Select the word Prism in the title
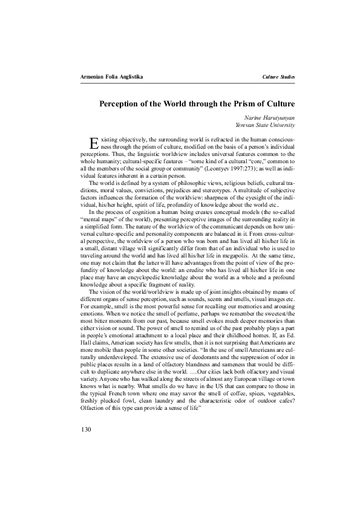[x=231, y=103]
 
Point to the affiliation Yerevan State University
[x=266, y=125]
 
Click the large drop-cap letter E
[x=93, y=143]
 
